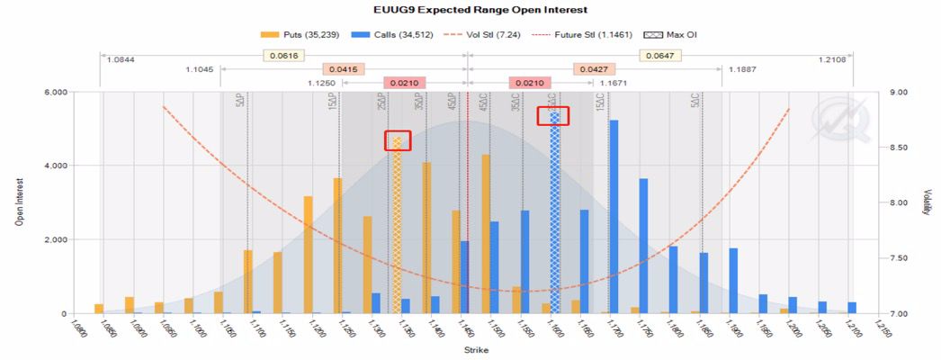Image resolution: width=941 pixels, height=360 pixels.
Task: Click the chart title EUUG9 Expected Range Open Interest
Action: (471, 10)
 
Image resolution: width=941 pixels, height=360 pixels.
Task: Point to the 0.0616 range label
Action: (281, 55)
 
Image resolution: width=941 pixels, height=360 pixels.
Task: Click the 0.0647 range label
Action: (659, 55)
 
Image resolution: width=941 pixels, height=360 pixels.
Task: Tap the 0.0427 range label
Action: (592, 69)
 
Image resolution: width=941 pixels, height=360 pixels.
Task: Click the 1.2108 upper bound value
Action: (834, 59)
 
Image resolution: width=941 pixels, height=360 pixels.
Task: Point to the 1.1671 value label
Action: (588, 83)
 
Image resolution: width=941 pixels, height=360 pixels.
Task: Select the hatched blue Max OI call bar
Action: (555, 211)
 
